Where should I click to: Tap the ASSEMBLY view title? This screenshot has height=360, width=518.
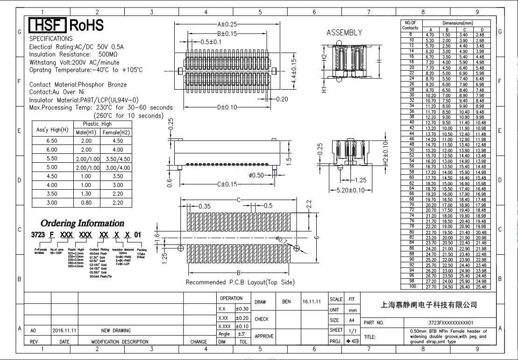(344, 33)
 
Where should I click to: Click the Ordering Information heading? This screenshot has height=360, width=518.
(82, 223)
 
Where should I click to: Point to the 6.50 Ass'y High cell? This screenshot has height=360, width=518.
(52, 140)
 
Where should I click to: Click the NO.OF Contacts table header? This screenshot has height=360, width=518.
(411, 25)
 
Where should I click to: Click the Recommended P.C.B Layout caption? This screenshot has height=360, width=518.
(240, 282)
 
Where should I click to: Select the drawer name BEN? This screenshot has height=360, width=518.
(286, 302)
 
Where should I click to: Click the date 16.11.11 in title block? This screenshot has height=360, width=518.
(312, 302)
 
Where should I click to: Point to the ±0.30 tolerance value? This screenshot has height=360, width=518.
(241, 309)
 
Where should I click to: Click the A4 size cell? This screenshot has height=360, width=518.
(351, 321)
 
